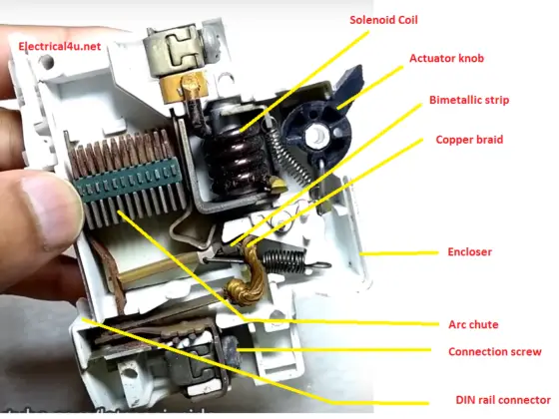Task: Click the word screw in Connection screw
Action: point(524,351)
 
